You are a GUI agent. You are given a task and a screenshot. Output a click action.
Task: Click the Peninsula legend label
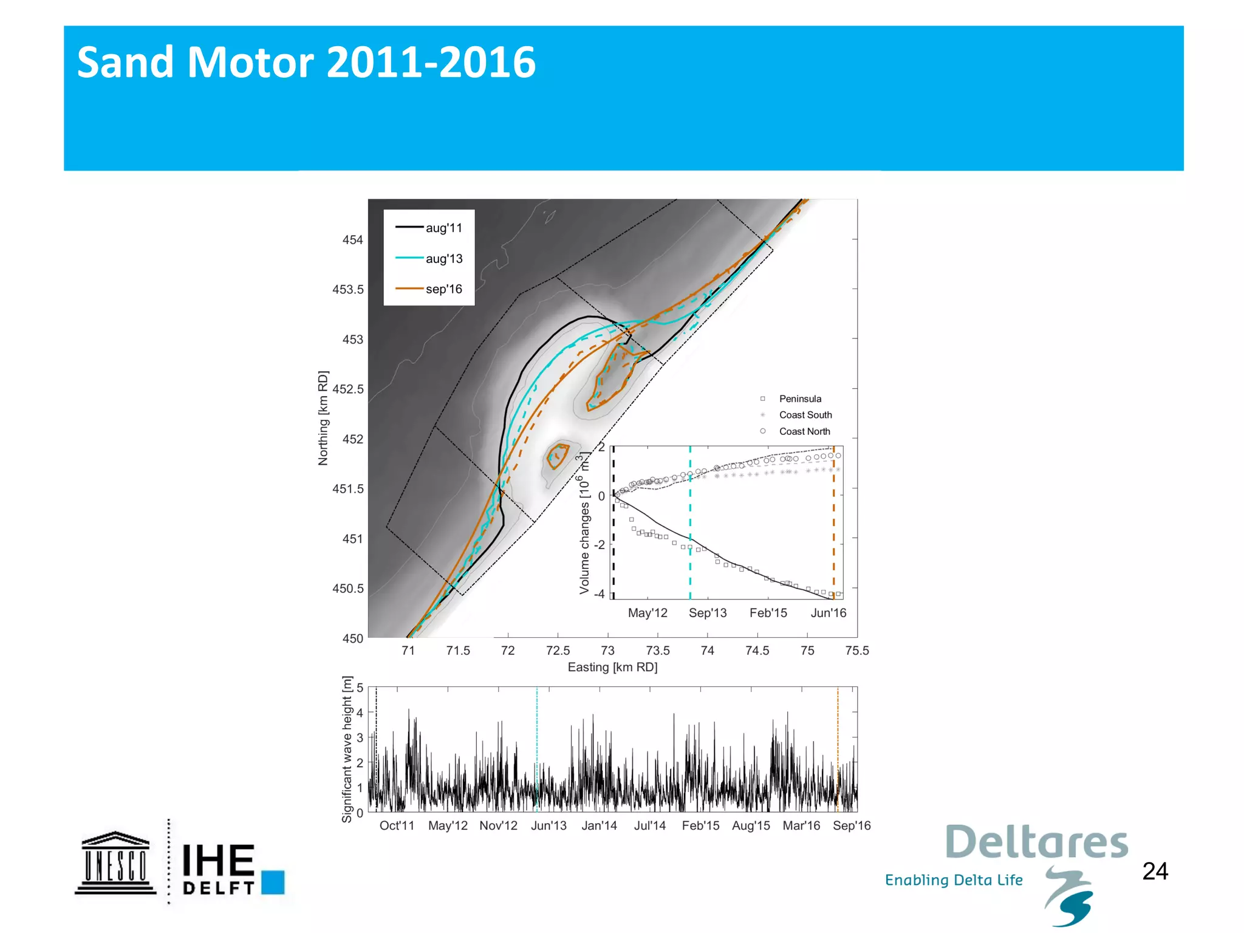click(800, 399)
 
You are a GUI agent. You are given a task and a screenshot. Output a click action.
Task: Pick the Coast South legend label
click(805, 415)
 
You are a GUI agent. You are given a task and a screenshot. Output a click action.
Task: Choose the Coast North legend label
click(804, 431)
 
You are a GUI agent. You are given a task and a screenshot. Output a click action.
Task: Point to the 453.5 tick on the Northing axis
click(348, 290)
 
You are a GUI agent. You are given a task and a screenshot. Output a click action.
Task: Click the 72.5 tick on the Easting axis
click(558, 651)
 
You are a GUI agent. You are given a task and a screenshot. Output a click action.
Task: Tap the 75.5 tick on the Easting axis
click(856, 651)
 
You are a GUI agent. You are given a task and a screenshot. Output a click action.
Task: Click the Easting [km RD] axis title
click(612, 667)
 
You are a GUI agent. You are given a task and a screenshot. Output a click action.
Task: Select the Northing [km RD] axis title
click(323, 418)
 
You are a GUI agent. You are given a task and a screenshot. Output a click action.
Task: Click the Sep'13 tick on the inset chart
click(708, 613)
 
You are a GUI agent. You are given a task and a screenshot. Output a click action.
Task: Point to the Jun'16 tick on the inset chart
click(828, 613)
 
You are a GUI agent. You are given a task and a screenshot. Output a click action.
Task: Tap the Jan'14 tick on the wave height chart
click(599, 825)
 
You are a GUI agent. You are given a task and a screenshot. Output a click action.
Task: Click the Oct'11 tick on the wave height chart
click(397, 825)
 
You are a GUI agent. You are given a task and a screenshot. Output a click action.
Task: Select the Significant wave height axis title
click(347, 749)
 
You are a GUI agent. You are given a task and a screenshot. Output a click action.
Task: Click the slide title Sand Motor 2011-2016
click(306, 63)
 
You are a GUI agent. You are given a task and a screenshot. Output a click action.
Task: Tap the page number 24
click(1155, 871)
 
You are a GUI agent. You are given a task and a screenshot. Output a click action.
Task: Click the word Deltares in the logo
click(1036, 842)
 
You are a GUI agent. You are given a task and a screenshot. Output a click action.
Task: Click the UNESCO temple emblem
click(115, 863)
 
